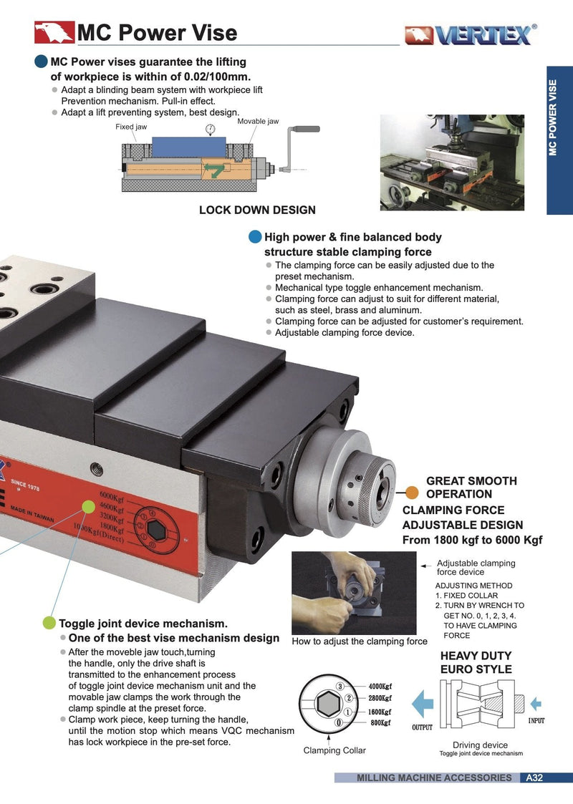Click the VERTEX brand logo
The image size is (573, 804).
click(469, 34)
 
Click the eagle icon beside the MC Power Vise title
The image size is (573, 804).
click(54, 32)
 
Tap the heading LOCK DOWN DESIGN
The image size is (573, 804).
click(257, 210)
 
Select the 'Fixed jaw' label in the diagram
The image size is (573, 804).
click(131, 127)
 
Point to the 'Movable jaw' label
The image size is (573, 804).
click(258, 121)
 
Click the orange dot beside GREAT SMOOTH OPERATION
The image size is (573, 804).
click(412, 492)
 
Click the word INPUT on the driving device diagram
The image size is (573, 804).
click(536, 721)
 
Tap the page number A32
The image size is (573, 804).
click(534, 778)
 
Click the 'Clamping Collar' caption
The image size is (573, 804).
click(334, 750)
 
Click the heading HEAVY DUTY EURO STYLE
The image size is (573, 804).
click(476, 662)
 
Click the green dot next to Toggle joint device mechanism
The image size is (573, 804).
click(49, 623)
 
